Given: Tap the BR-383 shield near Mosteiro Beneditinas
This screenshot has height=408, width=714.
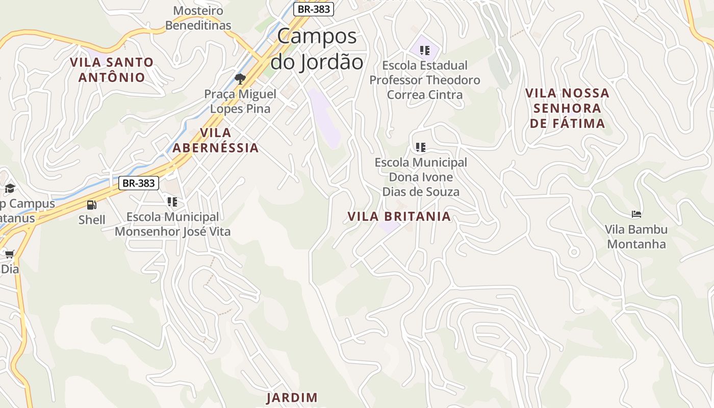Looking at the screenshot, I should tap(314, 9).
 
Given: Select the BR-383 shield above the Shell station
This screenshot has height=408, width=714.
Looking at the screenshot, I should tap(139, 183).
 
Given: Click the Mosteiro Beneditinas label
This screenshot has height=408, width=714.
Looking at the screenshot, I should tap(198, 18).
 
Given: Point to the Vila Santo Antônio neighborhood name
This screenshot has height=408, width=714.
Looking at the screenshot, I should tap(112, 70).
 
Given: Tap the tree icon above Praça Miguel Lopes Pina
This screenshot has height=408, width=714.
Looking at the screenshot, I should tap(240, 79).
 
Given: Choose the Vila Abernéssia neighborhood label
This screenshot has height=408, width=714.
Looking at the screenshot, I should tap(216, 140).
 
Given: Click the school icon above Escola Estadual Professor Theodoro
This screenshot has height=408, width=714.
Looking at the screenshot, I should tap(424, 50).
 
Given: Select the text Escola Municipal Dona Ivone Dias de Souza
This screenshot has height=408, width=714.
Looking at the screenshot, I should tap(421, 177).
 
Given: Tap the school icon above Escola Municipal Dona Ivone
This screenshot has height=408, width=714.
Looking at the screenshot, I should tap(420, 147).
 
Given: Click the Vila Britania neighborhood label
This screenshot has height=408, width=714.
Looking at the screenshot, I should tap(399, 216).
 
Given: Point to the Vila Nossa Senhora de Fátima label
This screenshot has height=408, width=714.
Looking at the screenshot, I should tap(567, 108).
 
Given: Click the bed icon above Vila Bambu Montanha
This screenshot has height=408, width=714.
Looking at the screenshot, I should tap(636, 214).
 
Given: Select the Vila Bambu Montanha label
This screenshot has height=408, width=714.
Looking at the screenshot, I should tap(636, 237).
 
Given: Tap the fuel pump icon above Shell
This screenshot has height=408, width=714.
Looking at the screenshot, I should tap(92, 205).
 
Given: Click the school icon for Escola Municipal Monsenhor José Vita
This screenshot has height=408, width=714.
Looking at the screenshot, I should tap(172, 202).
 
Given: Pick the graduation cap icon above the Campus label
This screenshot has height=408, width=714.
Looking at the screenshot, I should tap(10, 189).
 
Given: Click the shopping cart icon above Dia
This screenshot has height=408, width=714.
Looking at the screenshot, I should tap(9, 254).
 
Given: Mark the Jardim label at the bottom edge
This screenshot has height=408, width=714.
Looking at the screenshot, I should tap(292, 398).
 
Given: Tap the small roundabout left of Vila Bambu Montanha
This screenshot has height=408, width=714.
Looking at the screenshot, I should tap(574, 251).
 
